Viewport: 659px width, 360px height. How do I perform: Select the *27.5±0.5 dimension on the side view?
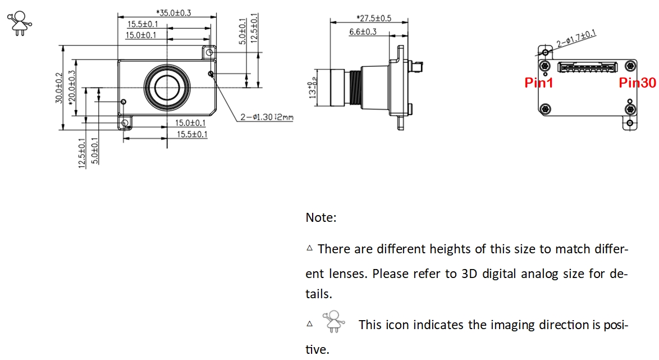pos(374,19)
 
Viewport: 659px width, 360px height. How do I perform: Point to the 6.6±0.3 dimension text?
pos(363,32)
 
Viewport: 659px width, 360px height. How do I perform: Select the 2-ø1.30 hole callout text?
pos(267,117)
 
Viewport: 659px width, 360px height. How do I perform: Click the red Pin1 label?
pos(539,83)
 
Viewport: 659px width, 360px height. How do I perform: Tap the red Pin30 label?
pos(637,83)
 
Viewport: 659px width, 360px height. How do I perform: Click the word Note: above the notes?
pos(321,217)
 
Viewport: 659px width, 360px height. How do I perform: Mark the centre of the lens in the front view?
pos(167,87)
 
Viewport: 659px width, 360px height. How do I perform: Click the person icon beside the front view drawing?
pos(20,23)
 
